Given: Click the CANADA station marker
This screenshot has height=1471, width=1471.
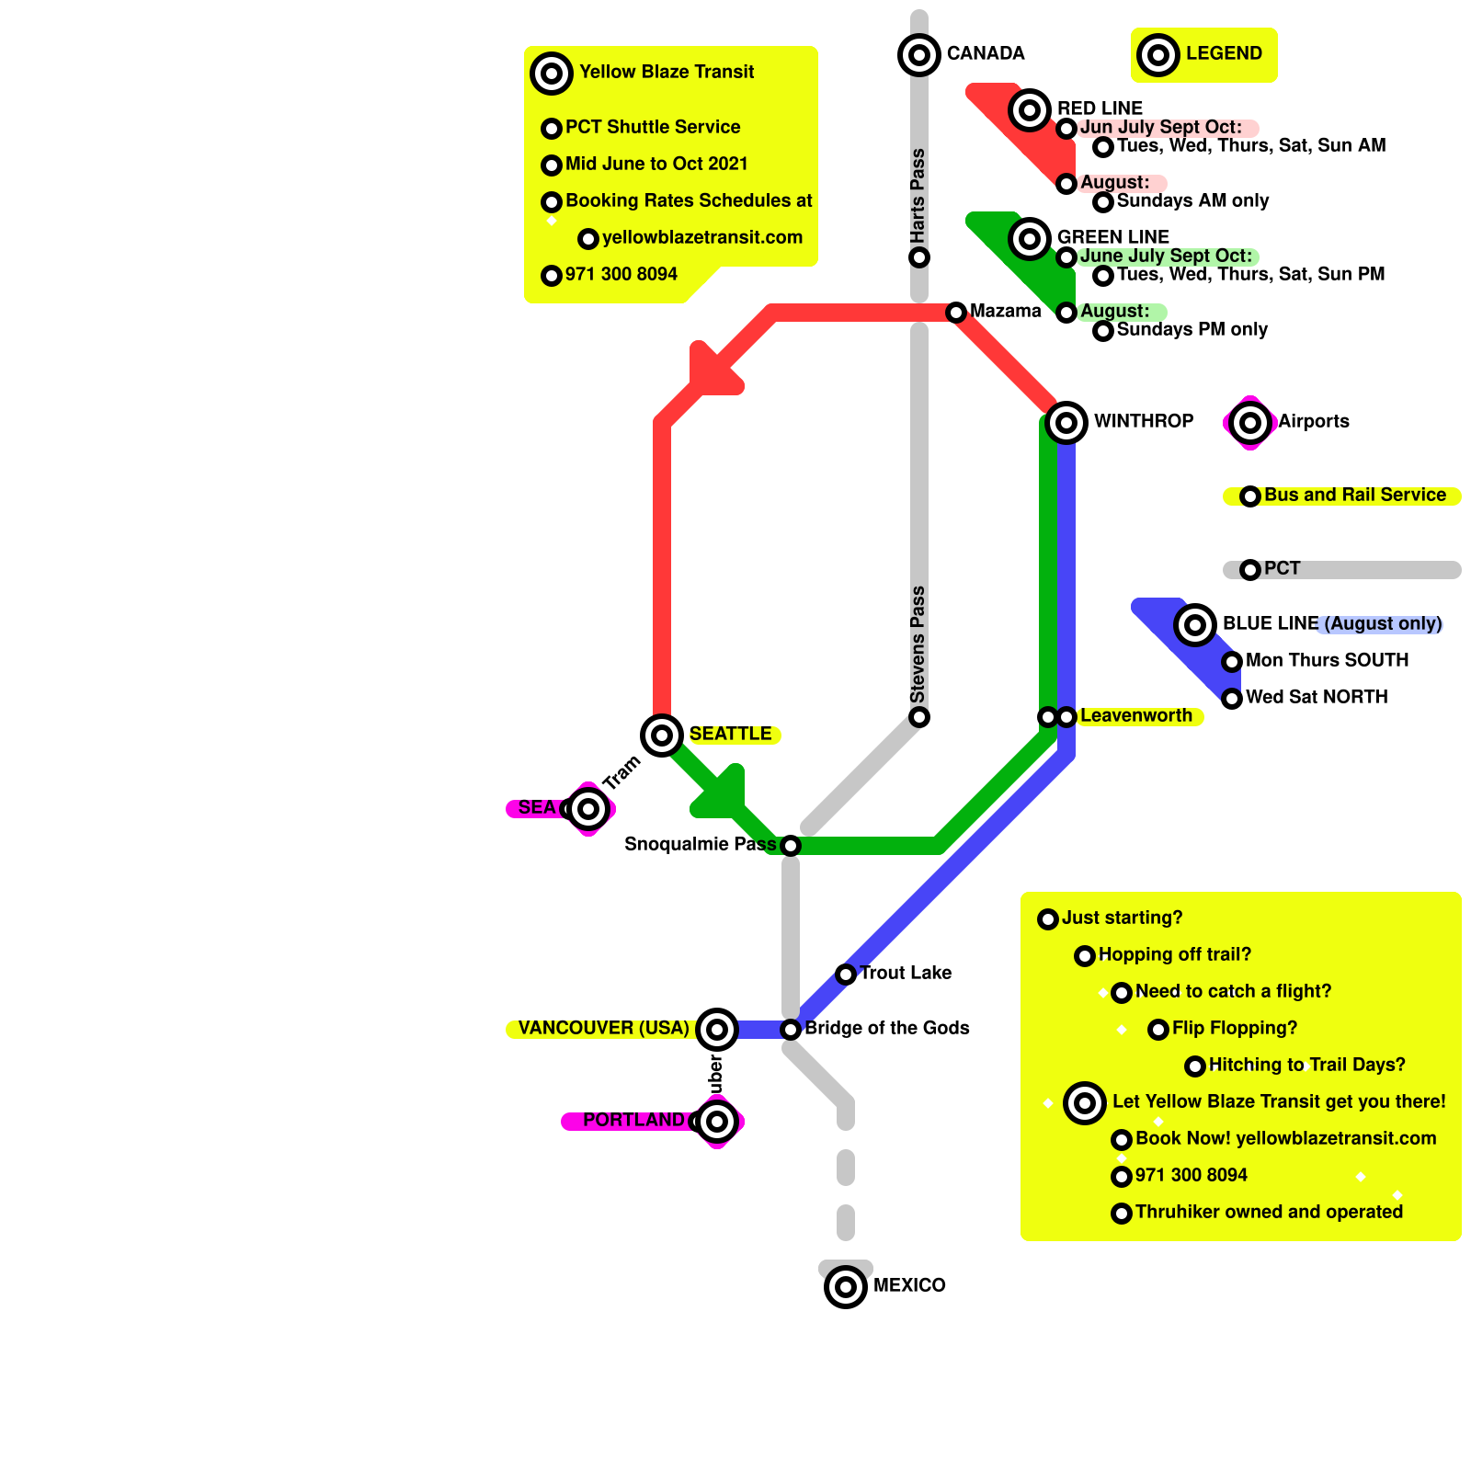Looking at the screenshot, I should point(919,55).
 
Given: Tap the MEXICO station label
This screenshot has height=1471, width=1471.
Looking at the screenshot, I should point(908,1285).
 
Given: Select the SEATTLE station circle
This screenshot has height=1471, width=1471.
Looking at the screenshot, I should point(662,735).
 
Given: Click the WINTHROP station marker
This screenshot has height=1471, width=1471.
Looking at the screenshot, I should point(1066,423).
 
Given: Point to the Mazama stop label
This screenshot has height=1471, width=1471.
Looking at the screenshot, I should point(1005,311).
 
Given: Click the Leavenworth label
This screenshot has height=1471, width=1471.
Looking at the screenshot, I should point(1135,715).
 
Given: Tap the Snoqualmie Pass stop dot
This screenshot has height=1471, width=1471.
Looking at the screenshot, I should point(791,846).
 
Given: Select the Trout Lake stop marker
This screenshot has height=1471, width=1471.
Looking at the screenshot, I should point(846,975).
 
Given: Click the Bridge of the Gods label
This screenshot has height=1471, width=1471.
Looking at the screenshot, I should point(886,1028).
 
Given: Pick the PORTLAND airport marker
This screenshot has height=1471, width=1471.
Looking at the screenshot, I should point(717,1122).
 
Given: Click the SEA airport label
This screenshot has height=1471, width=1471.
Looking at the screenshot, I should point(536,807).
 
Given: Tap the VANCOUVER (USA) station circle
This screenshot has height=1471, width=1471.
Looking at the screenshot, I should point(717,1029).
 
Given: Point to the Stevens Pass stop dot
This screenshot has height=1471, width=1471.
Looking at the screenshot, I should point(919,717).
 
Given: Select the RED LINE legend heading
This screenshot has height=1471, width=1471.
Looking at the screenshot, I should point(1100,108).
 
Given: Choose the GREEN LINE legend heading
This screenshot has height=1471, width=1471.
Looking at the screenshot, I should point(1112,237).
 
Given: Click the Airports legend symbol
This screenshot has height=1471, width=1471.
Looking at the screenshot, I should point(1250,423).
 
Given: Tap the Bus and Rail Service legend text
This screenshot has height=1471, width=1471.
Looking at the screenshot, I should point(1354,495).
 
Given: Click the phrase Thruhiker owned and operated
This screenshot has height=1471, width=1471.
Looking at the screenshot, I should point(1269,1212).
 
